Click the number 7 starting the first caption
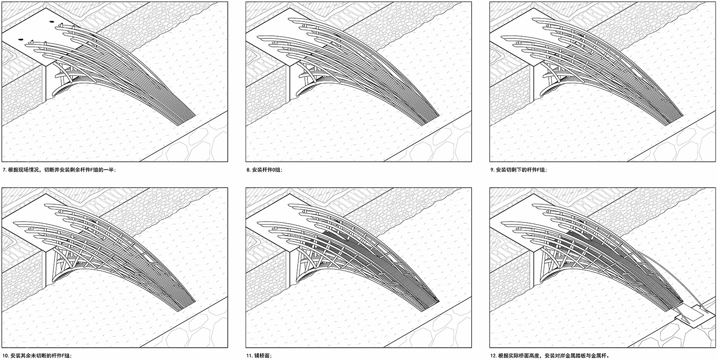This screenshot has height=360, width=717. (x=4, y=170)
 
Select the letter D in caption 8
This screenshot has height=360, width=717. (x=273, y=170)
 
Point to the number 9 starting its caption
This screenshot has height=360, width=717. (x=492, y=170)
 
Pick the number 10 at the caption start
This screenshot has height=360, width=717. (x=5, y=355)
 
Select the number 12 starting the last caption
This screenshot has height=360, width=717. (x=493, y=355)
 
